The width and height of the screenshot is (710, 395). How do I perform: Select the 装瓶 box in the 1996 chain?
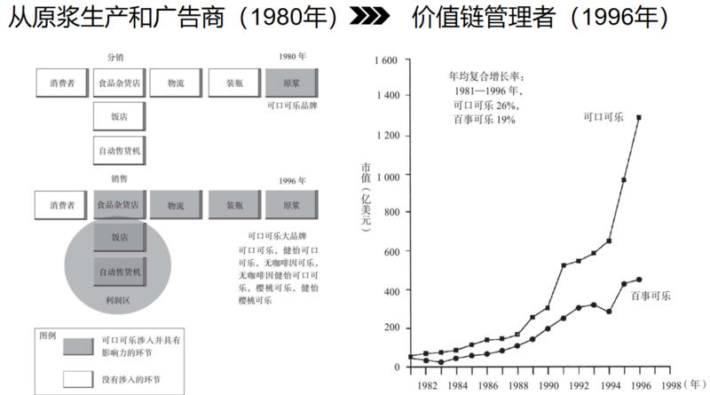coord(235,204)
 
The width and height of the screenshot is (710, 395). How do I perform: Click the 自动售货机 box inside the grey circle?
coord(118,271)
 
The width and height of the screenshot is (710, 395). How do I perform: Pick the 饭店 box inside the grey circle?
coord(118,237)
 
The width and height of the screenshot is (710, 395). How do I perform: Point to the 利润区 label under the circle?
coord(118,302)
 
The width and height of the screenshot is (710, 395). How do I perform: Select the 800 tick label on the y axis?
coord(392,214)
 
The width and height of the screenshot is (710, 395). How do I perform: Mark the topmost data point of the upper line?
coord(638,117)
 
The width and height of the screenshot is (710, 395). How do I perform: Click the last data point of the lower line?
coord(638,280)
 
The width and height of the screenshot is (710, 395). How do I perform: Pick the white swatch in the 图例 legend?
coord(79,380)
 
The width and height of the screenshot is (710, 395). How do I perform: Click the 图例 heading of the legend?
coord(47,336)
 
